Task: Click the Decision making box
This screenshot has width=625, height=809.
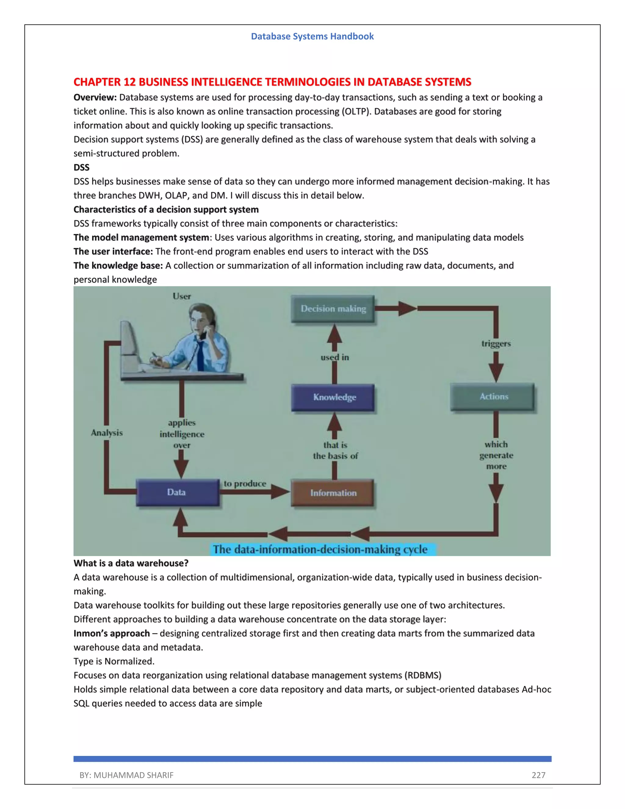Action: (333, 309)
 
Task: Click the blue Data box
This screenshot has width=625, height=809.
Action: (177, 492)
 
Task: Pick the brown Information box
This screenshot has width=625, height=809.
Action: (333, 493)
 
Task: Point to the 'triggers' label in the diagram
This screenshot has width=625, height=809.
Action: (496, 344)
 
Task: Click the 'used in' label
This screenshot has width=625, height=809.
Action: (334, 357)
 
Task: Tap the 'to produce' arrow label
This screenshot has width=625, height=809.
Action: (245, 484)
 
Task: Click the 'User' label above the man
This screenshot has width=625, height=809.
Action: (182, 296)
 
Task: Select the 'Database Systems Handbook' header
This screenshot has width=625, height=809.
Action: (312, 36)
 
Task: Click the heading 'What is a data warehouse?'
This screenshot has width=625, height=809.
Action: (131, 564)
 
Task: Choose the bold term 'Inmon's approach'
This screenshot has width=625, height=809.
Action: (111, 633)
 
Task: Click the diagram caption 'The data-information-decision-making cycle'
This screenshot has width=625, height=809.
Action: (320, 549)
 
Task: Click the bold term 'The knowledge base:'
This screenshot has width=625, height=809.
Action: (118, 266)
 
